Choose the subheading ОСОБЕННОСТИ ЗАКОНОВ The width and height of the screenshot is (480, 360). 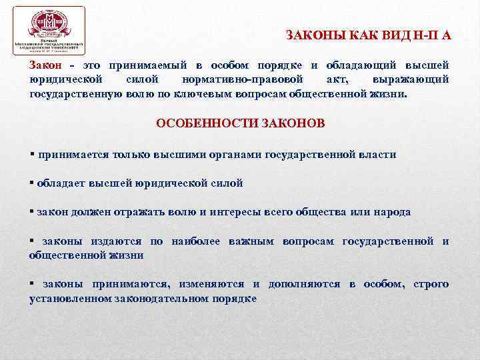pos(241,124)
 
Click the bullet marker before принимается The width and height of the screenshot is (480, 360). pos(32,154)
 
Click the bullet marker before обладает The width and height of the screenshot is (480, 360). pos(32,183)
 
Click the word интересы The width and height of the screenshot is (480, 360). pos(225,212)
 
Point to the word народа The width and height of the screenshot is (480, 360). pos(391,212)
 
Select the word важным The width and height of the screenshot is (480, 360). pos(250,241)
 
